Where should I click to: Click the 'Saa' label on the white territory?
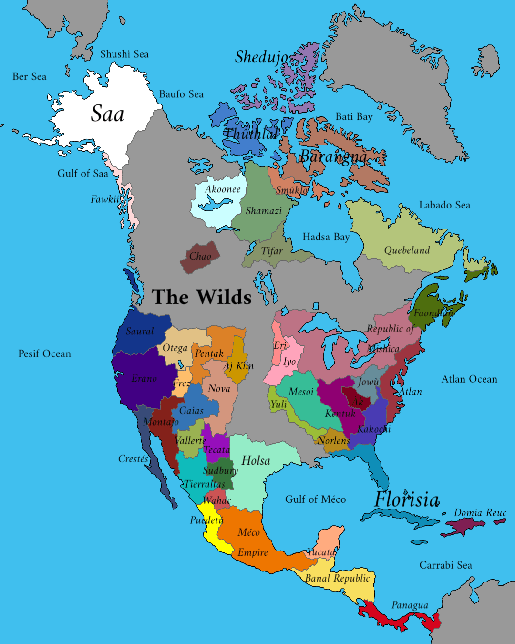(x=108, y=114)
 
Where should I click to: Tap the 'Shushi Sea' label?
(x=124, y=54)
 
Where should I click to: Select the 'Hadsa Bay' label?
(x=326, y=237)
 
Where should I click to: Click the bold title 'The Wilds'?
(x=201, y=297)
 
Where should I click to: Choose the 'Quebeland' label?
(x=407, y=250)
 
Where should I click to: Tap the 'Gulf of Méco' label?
(x=315, y=499)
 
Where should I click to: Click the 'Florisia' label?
(x=406, y=500)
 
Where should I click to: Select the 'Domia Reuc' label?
(x=480, y=513)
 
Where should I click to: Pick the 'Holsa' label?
(x=256, y=460)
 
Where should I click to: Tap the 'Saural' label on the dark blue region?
(x=140, y=331)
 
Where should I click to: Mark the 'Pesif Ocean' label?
(x=44, y=354)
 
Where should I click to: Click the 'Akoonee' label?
(x=223, y=189)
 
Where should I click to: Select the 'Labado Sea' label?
(x=444, y=205)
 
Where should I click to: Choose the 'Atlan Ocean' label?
(x=469, y=379)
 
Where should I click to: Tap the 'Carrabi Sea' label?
(x=445, y=565)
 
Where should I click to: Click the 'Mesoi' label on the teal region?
(x=301, y=392)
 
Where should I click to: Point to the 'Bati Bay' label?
(x=354, y=117)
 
